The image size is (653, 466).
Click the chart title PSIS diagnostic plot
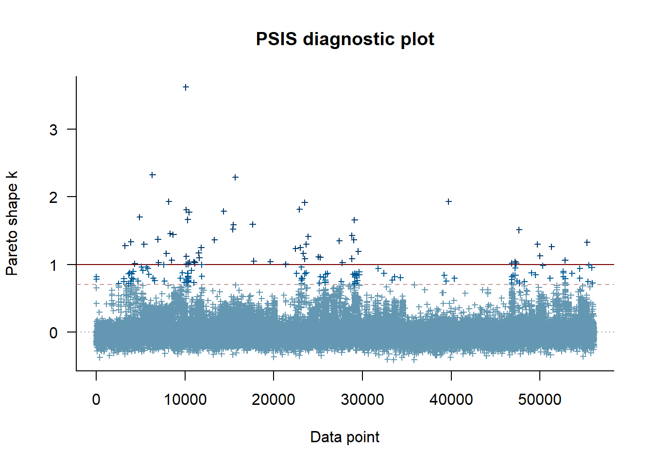[x=345, y=39]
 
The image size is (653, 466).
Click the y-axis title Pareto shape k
[x=12, y=223]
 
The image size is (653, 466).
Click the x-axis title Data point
[x=345, y=437]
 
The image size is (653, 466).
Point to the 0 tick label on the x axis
[x=96, y=399]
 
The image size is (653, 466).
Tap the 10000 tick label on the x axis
[x=185, y=399]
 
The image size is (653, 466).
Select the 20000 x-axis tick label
[x=274, y=399]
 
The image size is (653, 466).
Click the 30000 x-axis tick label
[x=362, y=399]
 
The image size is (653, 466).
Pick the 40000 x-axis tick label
[x=451, y=399]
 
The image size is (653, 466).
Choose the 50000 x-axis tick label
[x=540, y=399]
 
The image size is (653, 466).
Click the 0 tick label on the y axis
[x=53, y=333]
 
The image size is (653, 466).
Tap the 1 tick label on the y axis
[x=53, y=265]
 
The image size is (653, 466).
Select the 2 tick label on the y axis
[x=53, y=197]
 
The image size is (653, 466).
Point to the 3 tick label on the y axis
[x=53, y=130]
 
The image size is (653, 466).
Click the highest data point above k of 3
[x=186, y=87]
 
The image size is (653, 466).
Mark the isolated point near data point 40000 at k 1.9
[x=449, y=201]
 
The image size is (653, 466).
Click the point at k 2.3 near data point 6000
[x=152, y=175]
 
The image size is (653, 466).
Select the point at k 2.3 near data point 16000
[x=236, y=177]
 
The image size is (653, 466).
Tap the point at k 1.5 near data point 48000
[x=519, y=230]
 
